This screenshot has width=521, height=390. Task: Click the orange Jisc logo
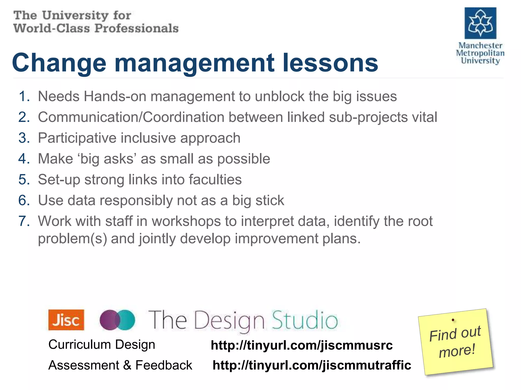(x=66, y=320)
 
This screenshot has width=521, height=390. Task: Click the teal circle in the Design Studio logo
(x=126, y=320)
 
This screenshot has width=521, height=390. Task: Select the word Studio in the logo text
(x=305, y=320)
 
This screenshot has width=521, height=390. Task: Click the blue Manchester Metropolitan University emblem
(x=480, y=23)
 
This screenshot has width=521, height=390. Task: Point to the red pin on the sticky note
(x=453, y=320)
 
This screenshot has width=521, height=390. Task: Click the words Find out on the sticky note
(x=455, y=333)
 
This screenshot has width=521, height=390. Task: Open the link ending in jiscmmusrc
(x=302, y=345)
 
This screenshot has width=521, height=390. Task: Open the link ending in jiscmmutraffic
(x=312, y=365)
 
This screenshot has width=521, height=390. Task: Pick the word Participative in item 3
(x=77, y=138)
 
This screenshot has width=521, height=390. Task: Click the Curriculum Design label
(x=102, y=345)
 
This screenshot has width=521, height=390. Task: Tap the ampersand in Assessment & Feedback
(x=127, y=365)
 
